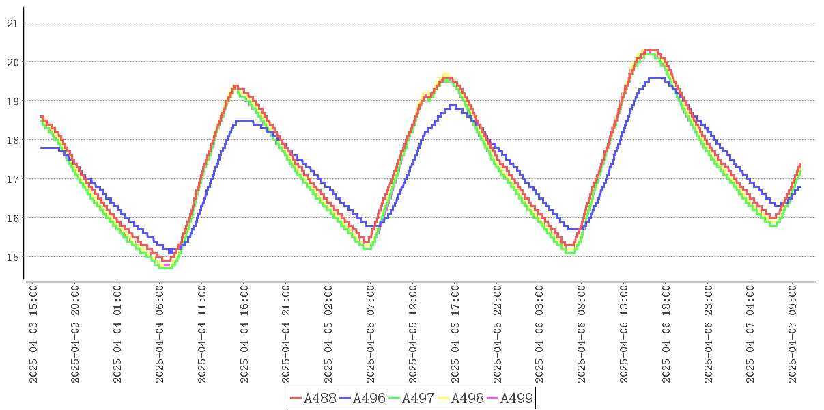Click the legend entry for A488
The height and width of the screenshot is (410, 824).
pyautogui.click(x=313, y=398)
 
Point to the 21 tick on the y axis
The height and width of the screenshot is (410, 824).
pyautogui.click(x=12, y=23)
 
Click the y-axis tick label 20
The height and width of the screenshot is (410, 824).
pyautogui.click(x=12, y=62)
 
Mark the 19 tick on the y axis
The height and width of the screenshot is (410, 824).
pyautogui.click(x=12, y=101)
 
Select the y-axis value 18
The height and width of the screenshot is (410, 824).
pyautogui.click(x=12, y=140)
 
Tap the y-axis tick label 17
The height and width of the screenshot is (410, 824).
pyautogui.click(x=12, y=179)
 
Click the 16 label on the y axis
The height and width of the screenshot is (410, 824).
pyautogui.click(x=12, y=218)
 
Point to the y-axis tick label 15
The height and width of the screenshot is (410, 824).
pyautogui.click(x=12, y=257)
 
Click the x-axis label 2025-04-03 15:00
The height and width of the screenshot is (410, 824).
pyautogui.click(x=33, y=334)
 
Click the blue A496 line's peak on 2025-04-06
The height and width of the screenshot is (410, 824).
pyautogui.click(x=657, y=78)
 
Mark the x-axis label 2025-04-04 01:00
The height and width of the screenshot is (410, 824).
pyautogui.click(x=117, y=334)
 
